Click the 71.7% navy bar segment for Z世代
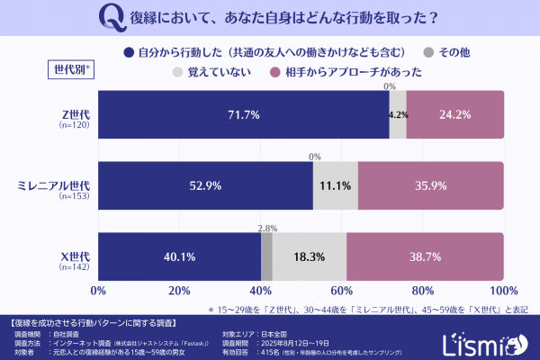pyautogui.click(x=243, y=115)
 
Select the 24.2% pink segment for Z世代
pyautogui.click(x=454, y=115)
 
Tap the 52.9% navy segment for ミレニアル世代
pyautogui.click(x=205, y=186)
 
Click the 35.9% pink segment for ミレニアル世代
pyautogui.click(x=430, y=186)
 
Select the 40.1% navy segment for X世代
pyautogui.click(x=180, y=256)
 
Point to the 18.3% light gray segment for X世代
pyautogui.click(x=309, y=256)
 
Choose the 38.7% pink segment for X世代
pyautogui.click(x=425, y=256)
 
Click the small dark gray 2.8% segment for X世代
pyautogui.click(x=266, y=256)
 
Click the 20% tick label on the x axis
pyautogui.click(x=179, y=292)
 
